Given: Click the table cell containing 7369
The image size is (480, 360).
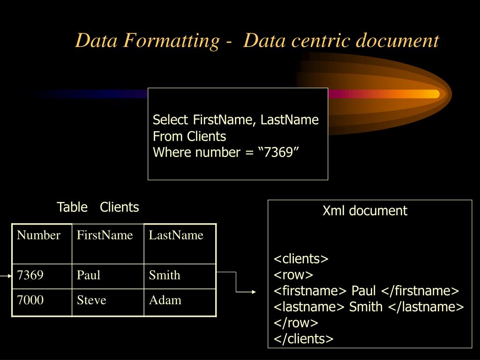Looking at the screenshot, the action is pyautogui.click(x=30, y=275).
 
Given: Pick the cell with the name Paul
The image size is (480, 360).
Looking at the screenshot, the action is pyautogui.click(x=89, y=275).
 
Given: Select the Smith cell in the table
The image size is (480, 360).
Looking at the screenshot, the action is pyautogui.click(x=165, y=275).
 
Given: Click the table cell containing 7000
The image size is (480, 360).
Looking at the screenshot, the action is pyautogui.click(x=30, y=300).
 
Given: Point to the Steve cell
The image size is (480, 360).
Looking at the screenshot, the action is pyautogui.click(x=92, y=300).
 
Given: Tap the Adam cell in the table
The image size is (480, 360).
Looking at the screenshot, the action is pyautogui.click(x=165, y=300).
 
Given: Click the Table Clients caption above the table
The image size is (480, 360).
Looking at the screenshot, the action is pyautogui.click(x=98, y=207).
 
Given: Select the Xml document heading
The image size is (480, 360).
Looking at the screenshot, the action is pyautogui.click(x=365, y=211).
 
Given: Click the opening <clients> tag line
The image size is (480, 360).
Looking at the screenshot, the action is pyautogui.click(x=301, y=259).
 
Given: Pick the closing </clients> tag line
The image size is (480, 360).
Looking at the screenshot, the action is pyautogui.click(x=303, y=339).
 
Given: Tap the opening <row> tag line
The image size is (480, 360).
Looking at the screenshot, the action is pyautogui.click(x=293, y=275).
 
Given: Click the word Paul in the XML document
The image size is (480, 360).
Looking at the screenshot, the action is pyautogui.click(x=364, y=291).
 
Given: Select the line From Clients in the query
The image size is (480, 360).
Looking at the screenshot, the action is pyautogui.click(x=189, y=137).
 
